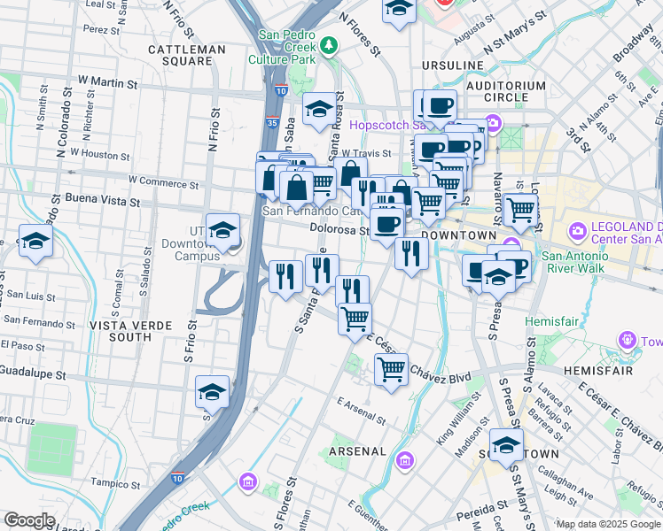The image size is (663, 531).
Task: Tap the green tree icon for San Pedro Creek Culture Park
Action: [330, 43]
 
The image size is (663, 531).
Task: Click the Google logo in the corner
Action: [29, 520]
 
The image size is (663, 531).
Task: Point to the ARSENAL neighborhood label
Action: [357, 451]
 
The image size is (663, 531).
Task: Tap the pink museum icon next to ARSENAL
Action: [406, 460]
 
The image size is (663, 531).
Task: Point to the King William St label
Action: [457, 427]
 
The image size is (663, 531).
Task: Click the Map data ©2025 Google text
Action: [607, 523]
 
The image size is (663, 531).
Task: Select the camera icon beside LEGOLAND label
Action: [578, 231]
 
